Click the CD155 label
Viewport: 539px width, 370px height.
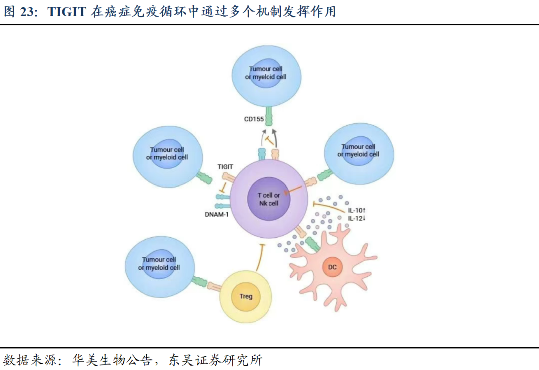(254, 119)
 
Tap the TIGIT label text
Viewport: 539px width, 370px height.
(225, 166)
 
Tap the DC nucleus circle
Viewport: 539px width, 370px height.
(332, 267)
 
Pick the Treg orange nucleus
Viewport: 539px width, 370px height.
(246, 296)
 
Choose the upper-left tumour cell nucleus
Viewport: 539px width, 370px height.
(167, 153)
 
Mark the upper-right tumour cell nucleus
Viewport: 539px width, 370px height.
(358, 150)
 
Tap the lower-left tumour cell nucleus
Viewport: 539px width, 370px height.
(159, 263)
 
